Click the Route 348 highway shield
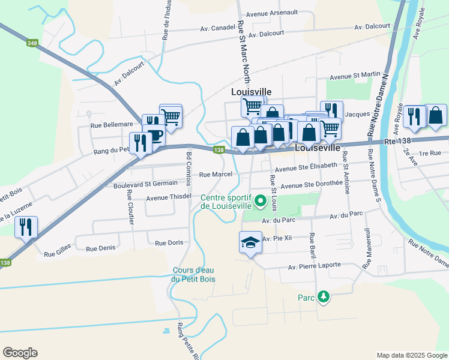[31, 43]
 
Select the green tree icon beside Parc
[324, 296]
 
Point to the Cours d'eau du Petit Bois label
[194, 274]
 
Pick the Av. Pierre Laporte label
[314, 266]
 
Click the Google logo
[20, 353]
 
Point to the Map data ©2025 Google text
[411, 355]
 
